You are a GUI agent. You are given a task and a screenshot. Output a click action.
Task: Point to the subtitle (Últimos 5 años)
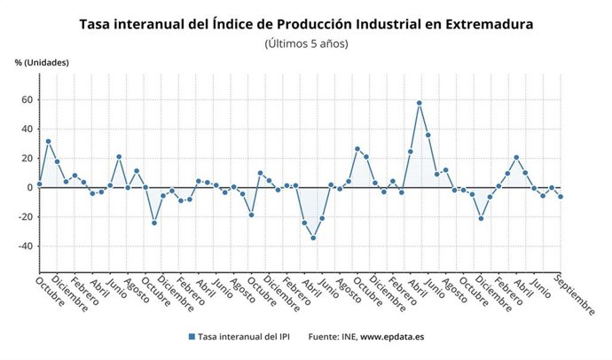click(x=306, y=43)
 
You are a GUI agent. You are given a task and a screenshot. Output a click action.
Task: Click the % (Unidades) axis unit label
click(x=41, y=63)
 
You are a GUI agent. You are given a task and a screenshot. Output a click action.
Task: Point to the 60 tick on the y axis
click(x=26, y=99)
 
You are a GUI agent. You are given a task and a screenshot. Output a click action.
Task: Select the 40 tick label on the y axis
click(x=26, y=129)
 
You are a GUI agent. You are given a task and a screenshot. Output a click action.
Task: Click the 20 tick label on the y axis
click(x=26, y=158)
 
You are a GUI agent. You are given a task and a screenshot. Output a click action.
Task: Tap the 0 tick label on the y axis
click(x=28, y=187)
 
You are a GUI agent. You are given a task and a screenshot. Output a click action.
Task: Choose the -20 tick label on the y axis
click(x=24, y=216)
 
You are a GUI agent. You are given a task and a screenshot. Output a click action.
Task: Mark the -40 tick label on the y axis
click(x=24, y=246)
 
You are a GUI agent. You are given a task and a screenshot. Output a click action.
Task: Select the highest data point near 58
click(x=419, y=103)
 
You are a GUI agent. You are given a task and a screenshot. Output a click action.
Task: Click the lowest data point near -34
click(x=313, y=238)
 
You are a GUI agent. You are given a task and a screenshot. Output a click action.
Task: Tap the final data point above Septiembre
click(x=561, y=197)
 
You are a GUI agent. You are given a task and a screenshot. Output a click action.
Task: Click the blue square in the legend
click(x=192, y=337)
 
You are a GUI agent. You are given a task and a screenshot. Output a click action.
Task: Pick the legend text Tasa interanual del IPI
click(x=246, y=337)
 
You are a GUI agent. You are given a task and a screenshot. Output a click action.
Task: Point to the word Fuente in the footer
click(x=324, y=337)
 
